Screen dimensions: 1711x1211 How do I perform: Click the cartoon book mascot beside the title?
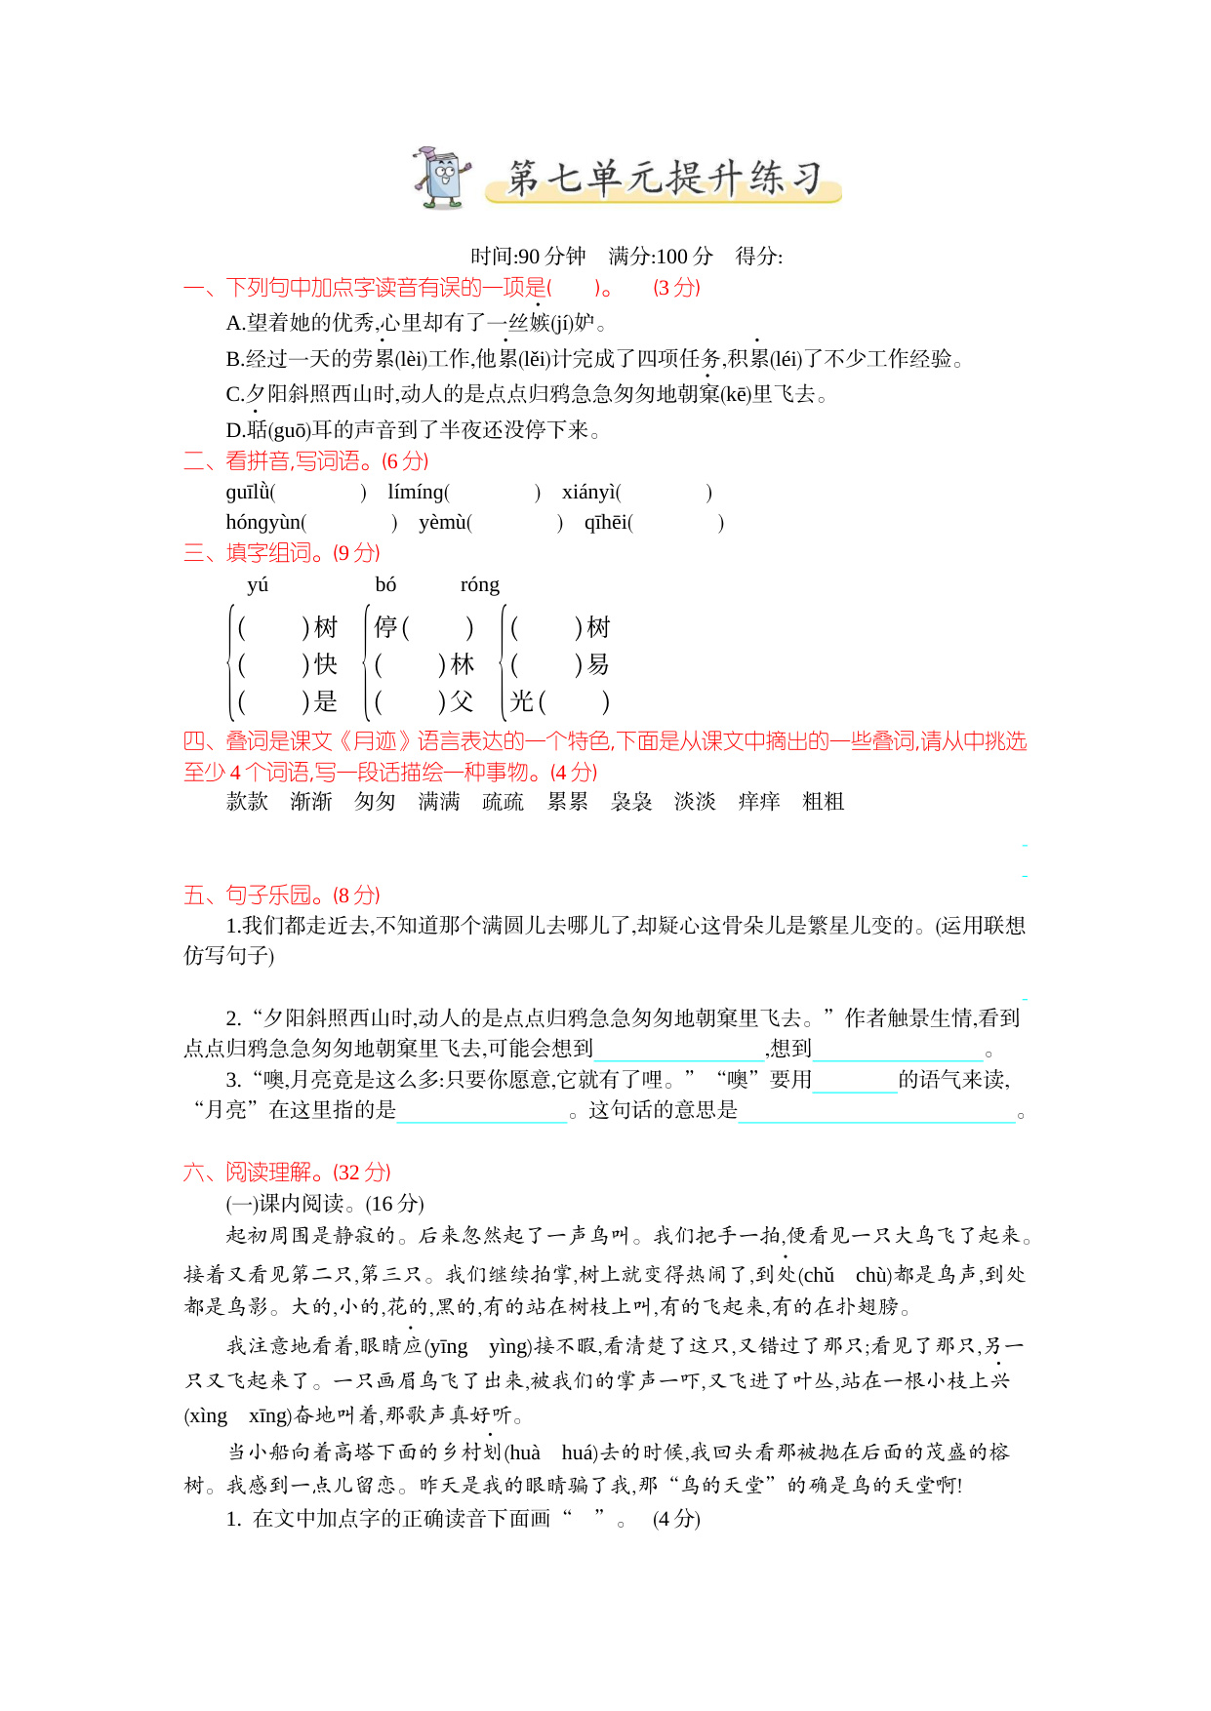pos(442,178)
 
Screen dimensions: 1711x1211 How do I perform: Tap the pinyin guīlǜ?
pos(248,493)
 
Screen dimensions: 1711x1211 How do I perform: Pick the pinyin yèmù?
pos(443,523)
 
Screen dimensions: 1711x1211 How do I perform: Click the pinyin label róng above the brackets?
pos(479,584)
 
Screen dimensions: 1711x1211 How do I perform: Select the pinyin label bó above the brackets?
pos(385,584)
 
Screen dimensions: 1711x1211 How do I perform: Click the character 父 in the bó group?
pos(462,701)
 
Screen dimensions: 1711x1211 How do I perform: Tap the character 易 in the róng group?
pos(598,664)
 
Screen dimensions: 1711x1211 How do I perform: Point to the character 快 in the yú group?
pos(326,664)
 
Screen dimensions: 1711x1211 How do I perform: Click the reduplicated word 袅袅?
pos(631,802)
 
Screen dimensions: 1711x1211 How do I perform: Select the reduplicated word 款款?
pos(247,802)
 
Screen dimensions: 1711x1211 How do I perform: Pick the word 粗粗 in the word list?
pos(823,802)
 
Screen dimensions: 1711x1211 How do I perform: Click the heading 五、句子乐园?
pos(281,895)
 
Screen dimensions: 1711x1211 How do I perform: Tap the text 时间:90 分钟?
pos(528,257)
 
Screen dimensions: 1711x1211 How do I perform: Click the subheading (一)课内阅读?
pos(325,1203)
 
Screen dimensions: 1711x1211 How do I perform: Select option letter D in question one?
pos(234,430)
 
